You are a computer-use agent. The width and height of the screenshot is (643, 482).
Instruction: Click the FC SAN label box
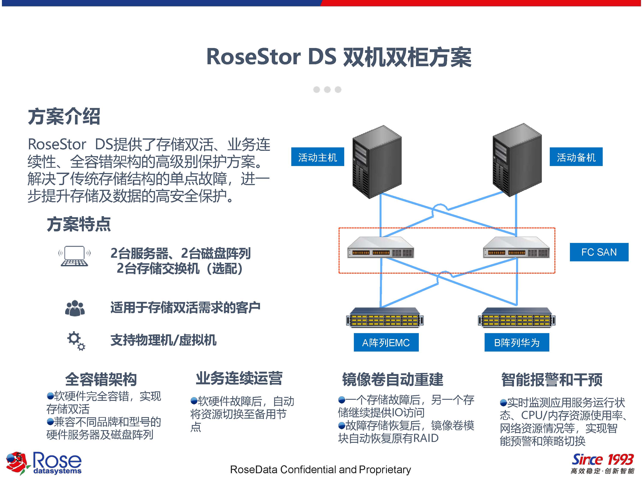(x=599, y=252)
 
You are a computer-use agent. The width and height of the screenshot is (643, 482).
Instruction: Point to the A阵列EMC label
(x=386, y=343)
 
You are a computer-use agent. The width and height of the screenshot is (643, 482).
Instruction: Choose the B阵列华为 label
(x=517, y=343)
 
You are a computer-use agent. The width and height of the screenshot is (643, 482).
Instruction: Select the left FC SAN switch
(x=380, y=248)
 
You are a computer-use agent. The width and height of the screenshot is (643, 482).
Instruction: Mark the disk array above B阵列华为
(x=517, y=317)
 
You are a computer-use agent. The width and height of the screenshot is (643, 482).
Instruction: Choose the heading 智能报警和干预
(x=552, y=379)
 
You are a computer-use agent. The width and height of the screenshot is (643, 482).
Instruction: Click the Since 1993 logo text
(x=602, y=460)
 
